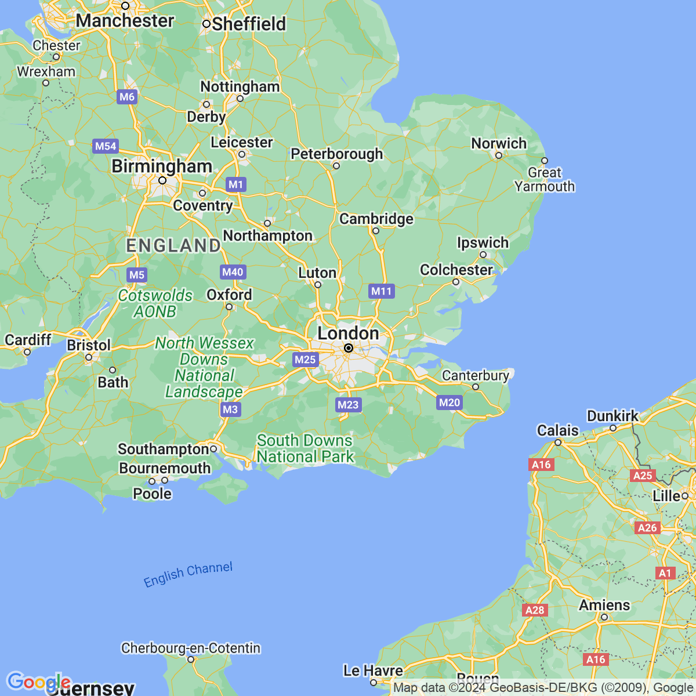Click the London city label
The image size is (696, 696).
coord(348,333)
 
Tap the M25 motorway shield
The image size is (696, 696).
coord(305,360)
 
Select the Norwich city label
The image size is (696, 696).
coord(499,143)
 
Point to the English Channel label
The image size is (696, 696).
coord(188,574)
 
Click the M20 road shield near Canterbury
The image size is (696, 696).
coord(449,403)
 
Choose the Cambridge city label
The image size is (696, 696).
coord(376,219)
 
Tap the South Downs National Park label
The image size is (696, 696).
coord(305,449)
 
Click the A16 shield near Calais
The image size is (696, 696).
coord(541,465)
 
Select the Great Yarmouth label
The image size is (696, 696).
coord(545,180)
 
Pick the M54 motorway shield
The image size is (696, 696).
coord(106,146)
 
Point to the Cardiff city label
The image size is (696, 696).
coord(28,339)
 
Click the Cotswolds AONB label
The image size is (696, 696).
coord(155,303)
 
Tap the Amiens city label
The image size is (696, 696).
coord(604,605)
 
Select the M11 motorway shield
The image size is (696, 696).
coord(382,291)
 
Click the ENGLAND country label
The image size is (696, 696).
coord(173,245)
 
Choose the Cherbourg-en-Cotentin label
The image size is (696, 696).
coord(191,648)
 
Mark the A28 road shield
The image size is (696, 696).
coord(534,610)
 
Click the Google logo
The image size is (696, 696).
coord(38,682)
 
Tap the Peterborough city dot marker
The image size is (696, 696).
coord(336,166)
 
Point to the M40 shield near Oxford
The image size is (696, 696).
coord(233,272)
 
